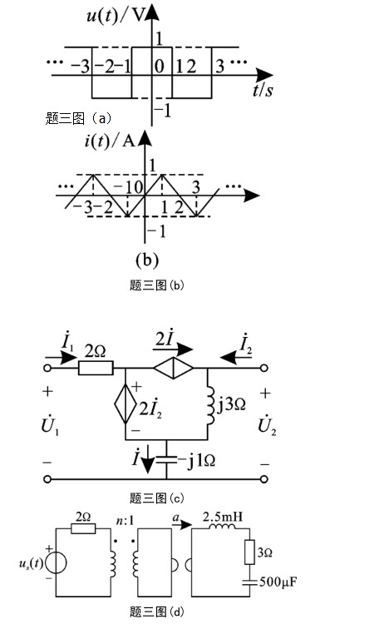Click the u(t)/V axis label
point(115,17)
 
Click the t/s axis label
point(263,90)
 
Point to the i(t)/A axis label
point(110,141)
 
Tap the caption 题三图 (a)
point(78,118)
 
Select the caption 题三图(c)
point(156,498)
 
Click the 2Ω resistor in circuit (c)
point(96,368)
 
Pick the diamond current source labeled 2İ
point(174,368)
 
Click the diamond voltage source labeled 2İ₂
point(126,404)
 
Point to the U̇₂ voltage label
point(267,425)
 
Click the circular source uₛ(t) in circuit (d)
point(56,562)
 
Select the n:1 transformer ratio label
point(126,520)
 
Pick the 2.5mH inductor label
point(223,517)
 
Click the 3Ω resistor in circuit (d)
point(249,552)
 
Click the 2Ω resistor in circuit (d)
point(83,528)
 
